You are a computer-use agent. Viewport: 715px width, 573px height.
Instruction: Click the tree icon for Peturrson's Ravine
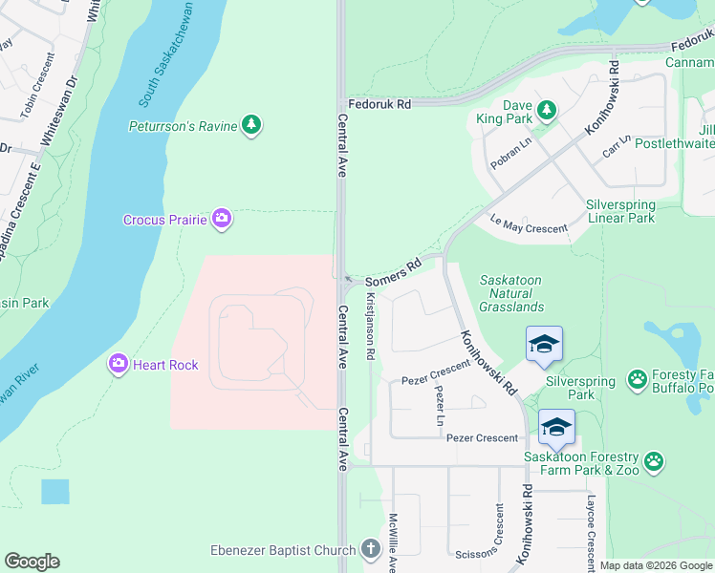[x=250, y=126]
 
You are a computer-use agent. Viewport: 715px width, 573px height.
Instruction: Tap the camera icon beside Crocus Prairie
[x=222, y=220]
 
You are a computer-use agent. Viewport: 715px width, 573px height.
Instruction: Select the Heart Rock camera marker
[x=119, y=364]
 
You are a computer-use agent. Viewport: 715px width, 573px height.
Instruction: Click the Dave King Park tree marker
[x=547, y=111]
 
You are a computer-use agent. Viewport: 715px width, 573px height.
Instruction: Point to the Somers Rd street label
[x=393, y=272]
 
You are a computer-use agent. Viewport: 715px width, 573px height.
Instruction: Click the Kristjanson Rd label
[x=370, y=326]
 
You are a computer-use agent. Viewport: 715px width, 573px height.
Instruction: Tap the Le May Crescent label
[x=529, y=223]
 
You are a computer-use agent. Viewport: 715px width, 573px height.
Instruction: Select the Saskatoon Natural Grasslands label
[x=512, y=292]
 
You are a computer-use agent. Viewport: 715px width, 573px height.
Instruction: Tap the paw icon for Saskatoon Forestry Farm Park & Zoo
[x=654, y=462]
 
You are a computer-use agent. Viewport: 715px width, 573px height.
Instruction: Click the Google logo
[x=32, y=562]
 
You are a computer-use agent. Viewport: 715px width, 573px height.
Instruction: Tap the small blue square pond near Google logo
[x=55, y=492]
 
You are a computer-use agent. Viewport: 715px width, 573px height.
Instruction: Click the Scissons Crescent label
[x=498, y=535]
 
